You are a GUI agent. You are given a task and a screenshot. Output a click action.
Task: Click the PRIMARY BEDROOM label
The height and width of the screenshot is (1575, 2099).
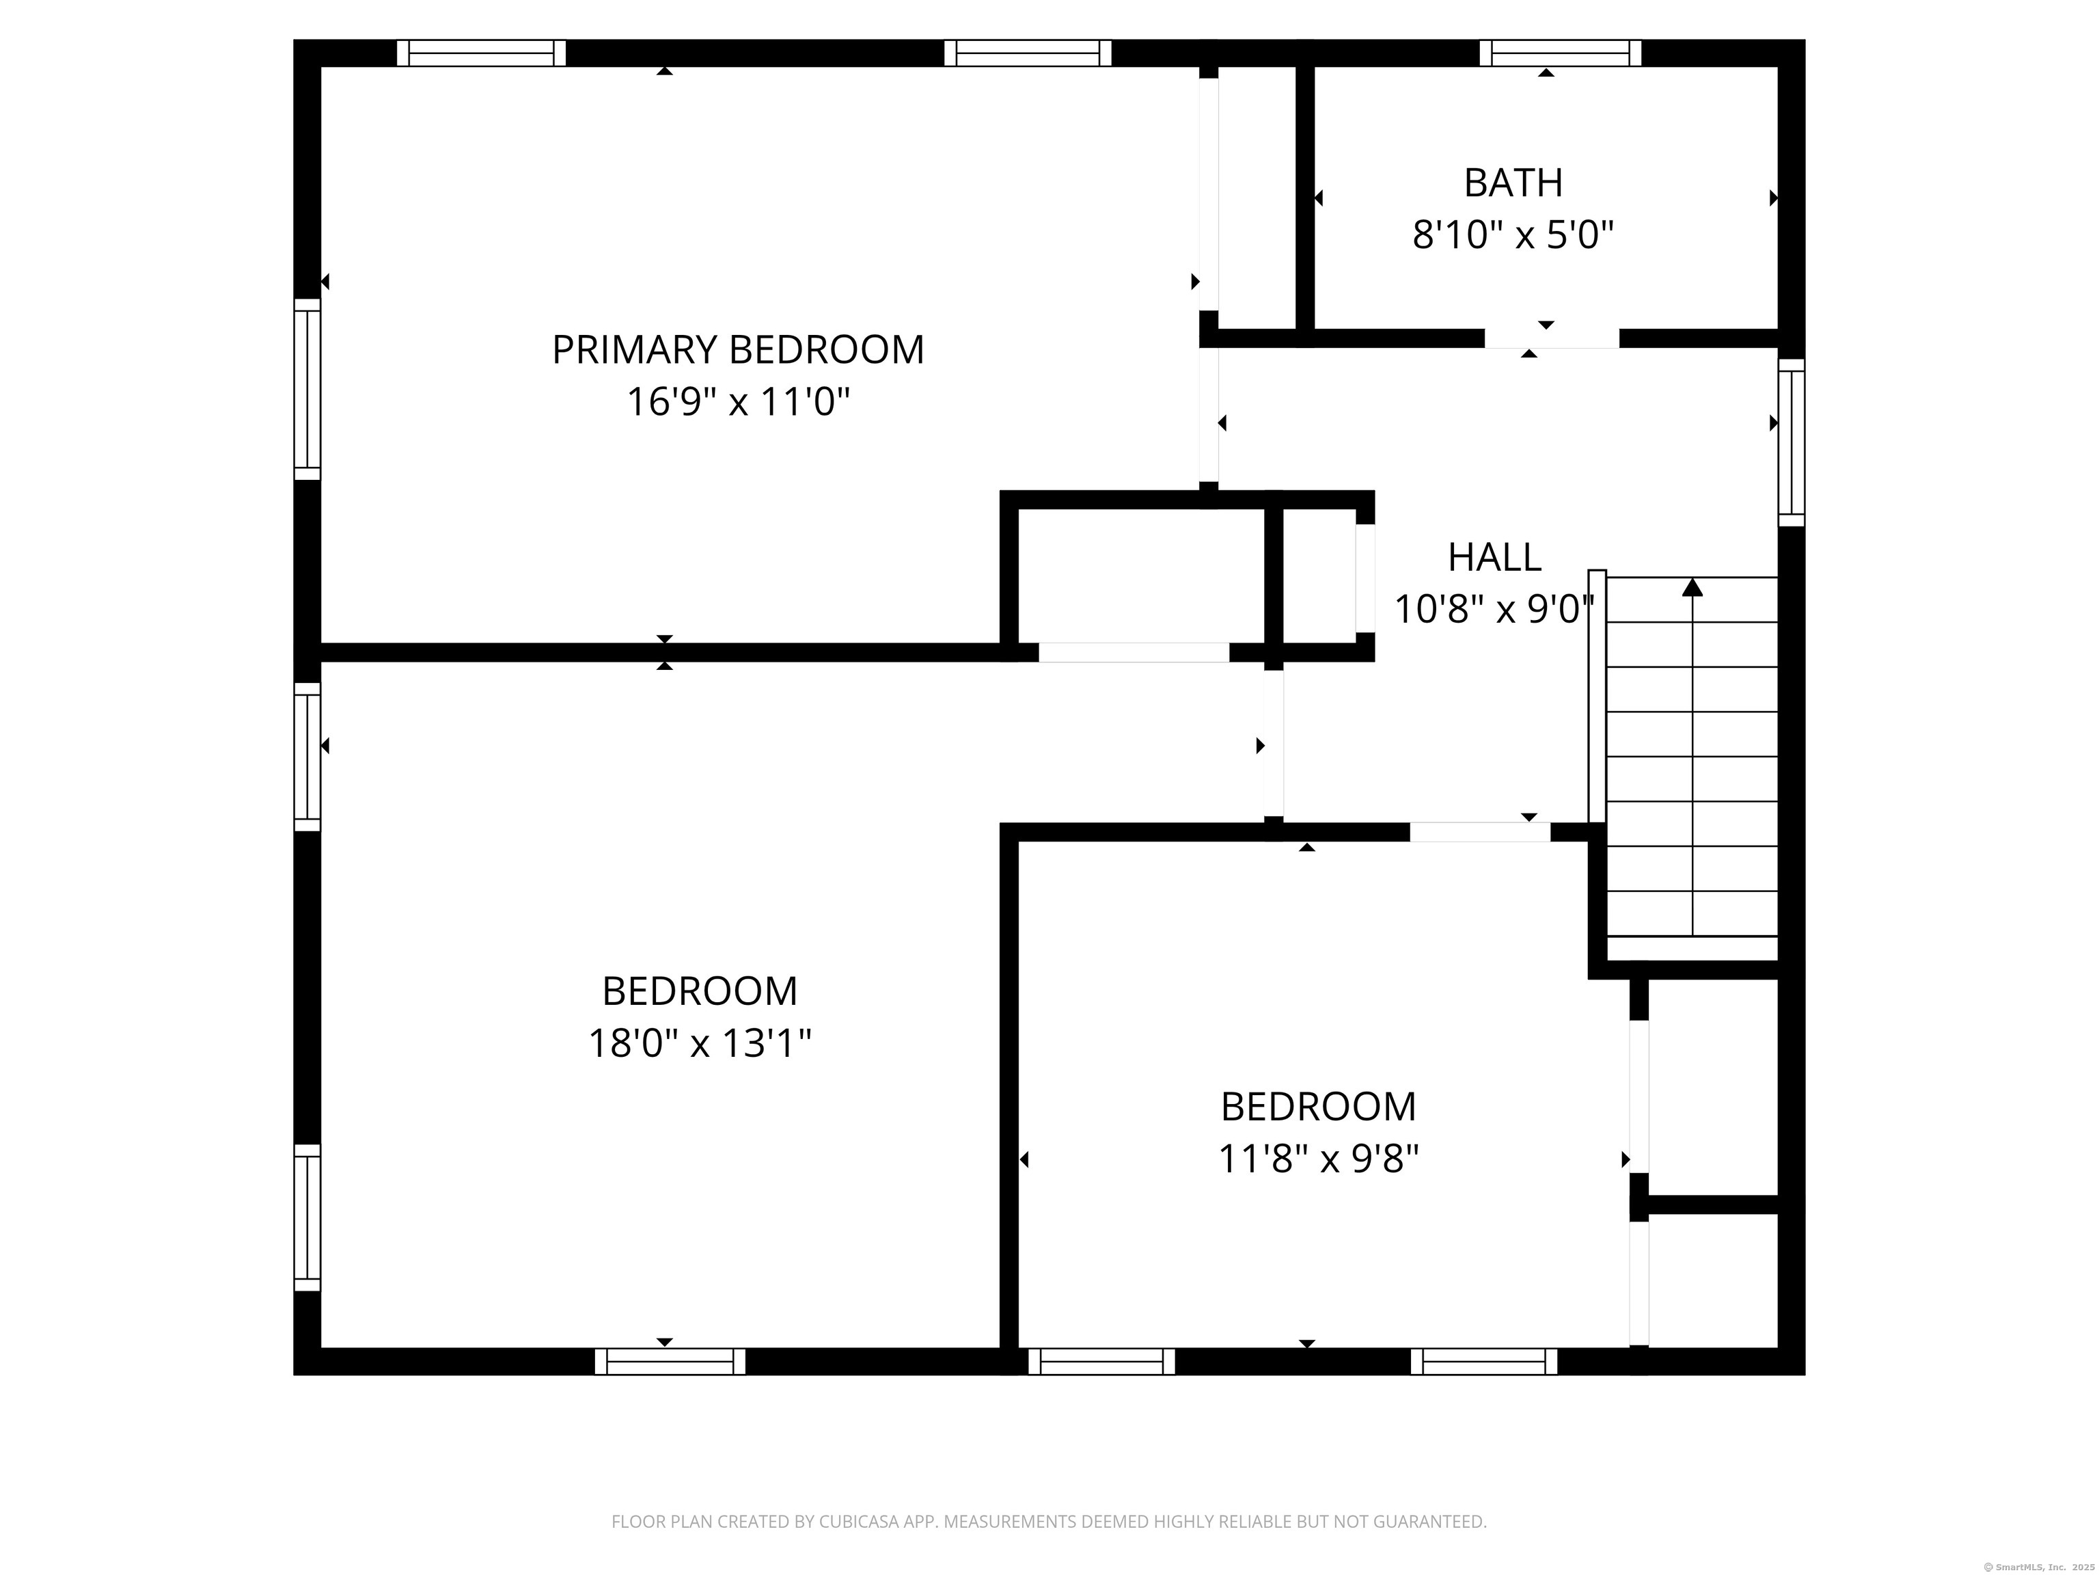tap(737, 350)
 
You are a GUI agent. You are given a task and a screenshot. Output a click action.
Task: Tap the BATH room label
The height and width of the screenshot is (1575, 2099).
tap(1513, 183)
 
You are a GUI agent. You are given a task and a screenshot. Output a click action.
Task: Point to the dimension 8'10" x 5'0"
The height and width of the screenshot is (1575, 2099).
tap(1513, 234)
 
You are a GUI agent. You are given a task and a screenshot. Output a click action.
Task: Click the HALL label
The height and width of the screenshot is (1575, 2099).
tap(1494, 557)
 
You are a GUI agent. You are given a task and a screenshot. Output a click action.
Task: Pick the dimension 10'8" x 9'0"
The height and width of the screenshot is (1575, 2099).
tap(1494, 608)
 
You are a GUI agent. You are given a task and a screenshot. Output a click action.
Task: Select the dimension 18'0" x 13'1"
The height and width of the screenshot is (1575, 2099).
tap(700, 1043)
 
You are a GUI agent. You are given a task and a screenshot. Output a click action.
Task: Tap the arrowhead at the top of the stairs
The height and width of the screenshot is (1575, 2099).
tap(1692, 588)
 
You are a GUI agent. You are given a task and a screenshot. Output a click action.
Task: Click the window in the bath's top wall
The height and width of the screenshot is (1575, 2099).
tap(1560, 53)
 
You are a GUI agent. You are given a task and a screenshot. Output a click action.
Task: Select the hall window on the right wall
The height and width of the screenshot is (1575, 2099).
tap(1791, 442)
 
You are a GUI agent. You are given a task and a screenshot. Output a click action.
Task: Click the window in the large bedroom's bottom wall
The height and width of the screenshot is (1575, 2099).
tap(670, 1362)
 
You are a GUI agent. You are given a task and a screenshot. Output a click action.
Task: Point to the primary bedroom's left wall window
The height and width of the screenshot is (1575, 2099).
tap(307, 389)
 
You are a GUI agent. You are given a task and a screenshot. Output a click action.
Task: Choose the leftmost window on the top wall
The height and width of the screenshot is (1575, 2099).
tap(481, 53)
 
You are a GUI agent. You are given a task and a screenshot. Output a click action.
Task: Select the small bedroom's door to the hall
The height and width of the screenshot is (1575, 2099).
tap(1479, 833)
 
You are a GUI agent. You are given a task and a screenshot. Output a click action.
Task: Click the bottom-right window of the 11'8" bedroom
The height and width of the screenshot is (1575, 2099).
tap(1484, 1362)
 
